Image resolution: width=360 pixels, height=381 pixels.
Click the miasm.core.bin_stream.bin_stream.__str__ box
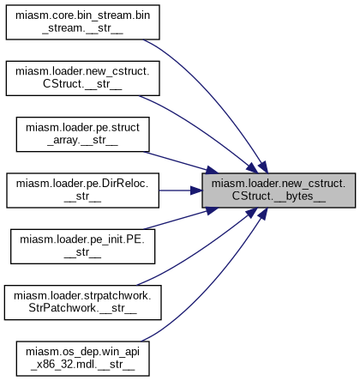(x=82, y=22)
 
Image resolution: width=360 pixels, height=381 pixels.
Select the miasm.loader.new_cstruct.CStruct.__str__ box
(x=82, y=78)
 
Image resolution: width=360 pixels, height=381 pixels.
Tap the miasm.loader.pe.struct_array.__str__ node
(x=82, y=134)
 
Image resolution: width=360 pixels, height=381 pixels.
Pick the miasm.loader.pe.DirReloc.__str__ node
(x=82, y=190)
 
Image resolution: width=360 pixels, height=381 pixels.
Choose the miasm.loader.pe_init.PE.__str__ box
(x=82, y=246)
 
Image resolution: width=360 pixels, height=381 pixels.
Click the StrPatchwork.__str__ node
(x=82, y=302)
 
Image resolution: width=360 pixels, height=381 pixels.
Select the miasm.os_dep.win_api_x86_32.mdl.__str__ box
(x=82, y=359)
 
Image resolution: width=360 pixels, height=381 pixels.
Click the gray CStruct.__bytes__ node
(x=279, y=190)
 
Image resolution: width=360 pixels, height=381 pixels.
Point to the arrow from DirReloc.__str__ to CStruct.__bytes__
(x=181, y=190)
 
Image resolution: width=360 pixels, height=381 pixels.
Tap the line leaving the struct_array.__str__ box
(x=181, y=162)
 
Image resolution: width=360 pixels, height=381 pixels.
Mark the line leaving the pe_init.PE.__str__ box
(x=181, y=218)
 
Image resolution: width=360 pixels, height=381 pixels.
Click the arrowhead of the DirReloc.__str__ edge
(x=196, y=190)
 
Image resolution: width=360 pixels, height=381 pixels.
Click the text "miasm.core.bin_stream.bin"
(x=82, y=15)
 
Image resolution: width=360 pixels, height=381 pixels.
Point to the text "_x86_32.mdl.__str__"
(x=82, y=365)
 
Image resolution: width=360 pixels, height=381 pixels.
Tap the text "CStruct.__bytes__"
(x=279, y=197)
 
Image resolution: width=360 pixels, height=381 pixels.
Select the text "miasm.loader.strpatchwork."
(x=82, y=296)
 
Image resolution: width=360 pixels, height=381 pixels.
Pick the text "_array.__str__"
(x=82, y=141)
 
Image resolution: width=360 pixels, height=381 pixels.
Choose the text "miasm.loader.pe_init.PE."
(x=82, y=239)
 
